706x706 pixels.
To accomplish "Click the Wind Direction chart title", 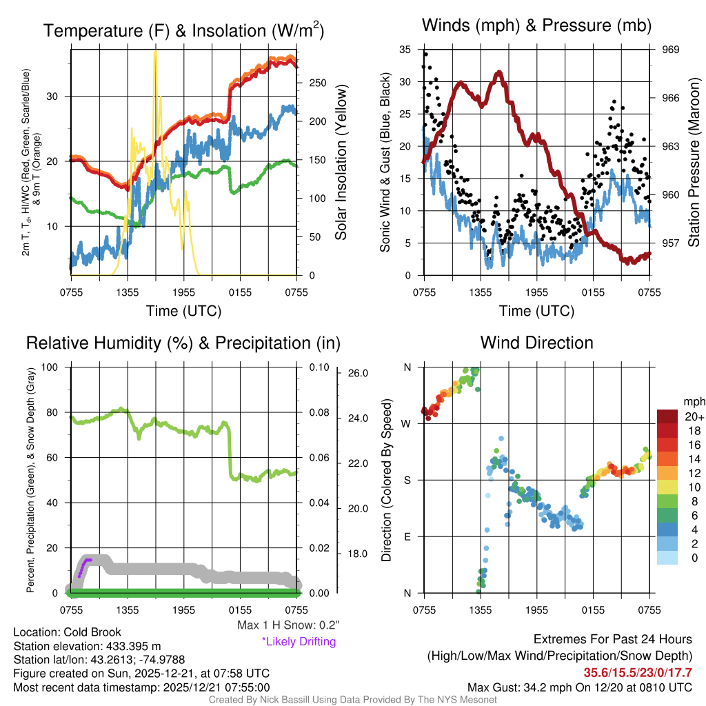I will point(536,343).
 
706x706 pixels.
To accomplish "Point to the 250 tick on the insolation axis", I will point(316,83).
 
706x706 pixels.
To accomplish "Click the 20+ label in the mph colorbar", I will point(690,417).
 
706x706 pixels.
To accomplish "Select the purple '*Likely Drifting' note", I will point(299,642).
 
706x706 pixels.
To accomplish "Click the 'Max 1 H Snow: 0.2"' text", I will point(288,625).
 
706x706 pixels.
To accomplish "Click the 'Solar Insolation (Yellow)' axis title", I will point(341,163).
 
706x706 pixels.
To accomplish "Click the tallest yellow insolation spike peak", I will point(155,51).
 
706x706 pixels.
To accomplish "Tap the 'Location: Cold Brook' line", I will point(67,632).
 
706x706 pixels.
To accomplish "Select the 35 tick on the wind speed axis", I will point(405,50).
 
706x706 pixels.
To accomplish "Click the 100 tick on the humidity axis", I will point(51,367).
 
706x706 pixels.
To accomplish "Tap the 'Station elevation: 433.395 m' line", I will point(87,646).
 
